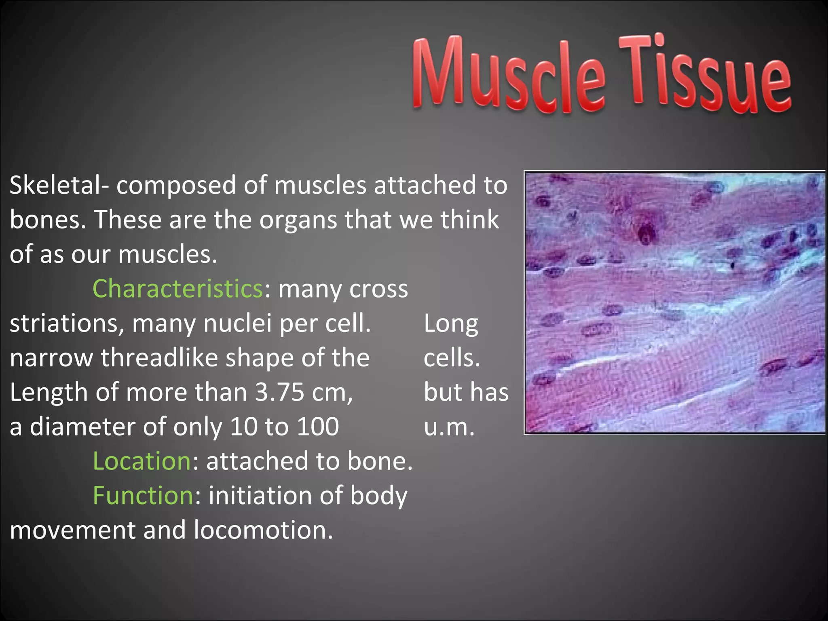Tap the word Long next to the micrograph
coord(451,323)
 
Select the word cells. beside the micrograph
coord(452,358)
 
